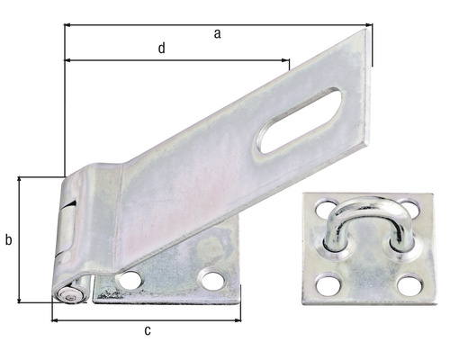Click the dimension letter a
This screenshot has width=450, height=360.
pyautogui.click(x=217, y=33)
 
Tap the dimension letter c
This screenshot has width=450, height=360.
pyautogui.click(x=148, y=330)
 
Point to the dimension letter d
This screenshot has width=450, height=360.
pyautogui.click(x=161, y=49)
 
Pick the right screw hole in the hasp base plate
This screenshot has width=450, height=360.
pyautogui.click(x=212, y=280)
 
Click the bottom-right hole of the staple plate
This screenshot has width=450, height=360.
pyautogui.click(x=410, y=285)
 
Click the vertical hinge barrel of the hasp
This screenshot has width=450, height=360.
pyautogui.click(x=72, y=229)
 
